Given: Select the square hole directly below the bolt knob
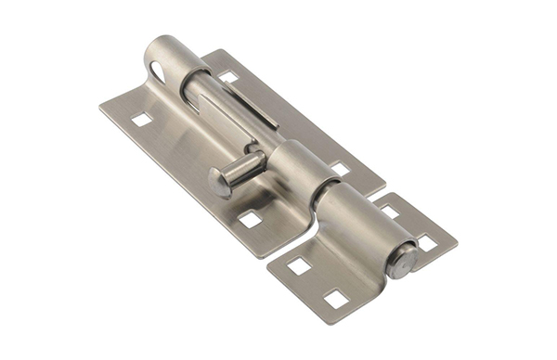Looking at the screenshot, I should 250,219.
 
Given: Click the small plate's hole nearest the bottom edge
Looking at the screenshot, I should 335,299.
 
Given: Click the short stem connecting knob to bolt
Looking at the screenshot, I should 244,170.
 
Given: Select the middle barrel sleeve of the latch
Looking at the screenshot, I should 300,167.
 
